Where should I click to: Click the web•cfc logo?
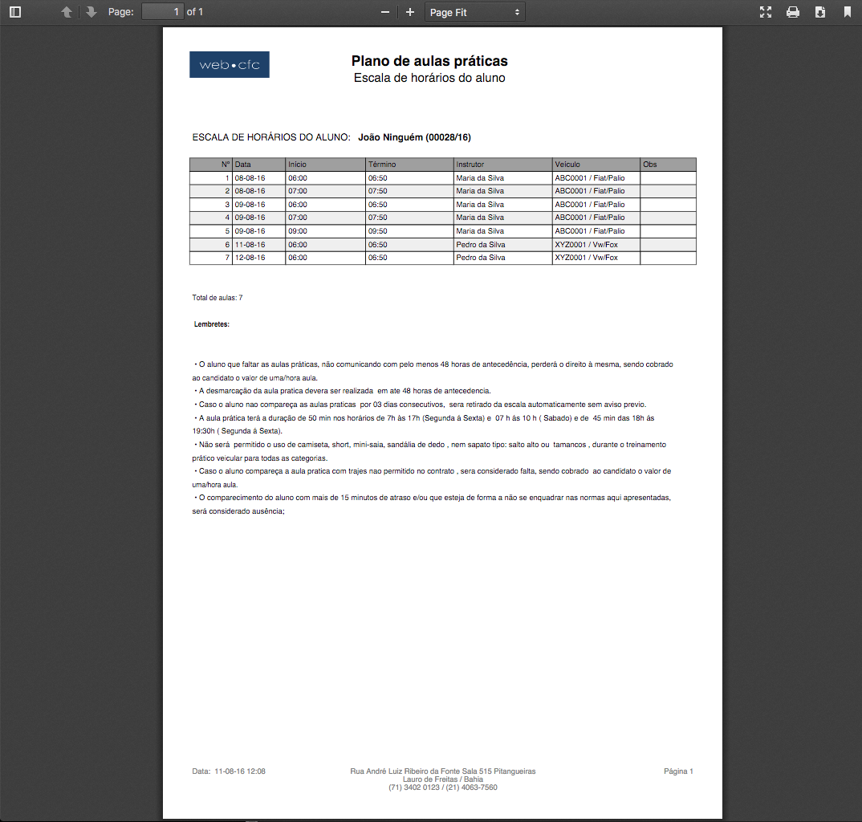tap(230, 65)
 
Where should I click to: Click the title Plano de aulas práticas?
tap(429, 61)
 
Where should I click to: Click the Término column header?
tap(382, 165)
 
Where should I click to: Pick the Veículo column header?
tap(567, 165)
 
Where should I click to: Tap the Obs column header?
tap(650, 165)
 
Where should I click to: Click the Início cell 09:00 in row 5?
tap(298, 231)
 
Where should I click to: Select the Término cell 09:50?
tap(378, 231)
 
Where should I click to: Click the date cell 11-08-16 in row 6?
tap(250, 245)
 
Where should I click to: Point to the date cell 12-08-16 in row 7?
tap(250, 258)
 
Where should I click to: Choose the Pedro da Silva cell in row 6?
tap(481, 245)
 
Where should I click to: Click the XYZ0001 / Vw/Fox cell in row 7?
tap(587, 258)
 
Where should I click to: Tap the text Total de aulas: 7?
tap(218, 298)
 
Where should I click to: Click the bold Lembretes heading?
tap(212, 324)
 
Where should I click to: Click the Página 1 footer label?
tap(678, 771)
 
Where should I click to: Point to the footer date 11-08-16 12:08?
tap(230, 771)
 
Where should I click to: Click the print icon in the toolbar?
tap(793, 12)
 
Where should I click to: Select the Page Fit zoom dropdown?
tap(475, 12)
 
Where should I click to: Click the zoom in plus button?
tap(410, 12)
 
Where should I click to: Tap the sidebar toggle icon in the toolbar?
tap(15, 12)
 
